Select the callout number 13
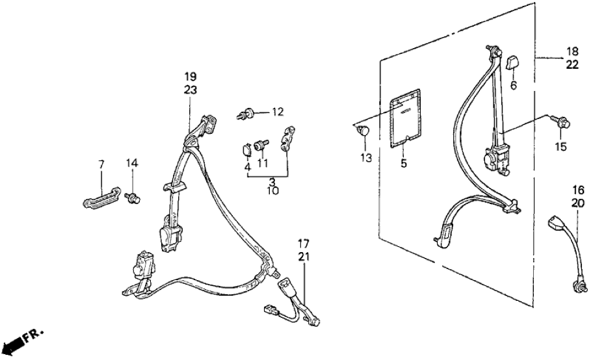[366, 158]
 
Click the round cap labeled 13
[363, 131]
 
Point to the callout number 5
[404, 164]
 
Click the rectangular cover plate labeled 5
[404, 117]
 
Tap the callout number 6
[513, 86]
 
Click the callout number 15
[561, 147]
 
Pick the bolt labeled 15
[561, 122]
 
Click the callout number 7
[101, 164]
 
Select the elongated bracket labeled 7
[101, 197]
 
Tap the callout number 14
[133, 164]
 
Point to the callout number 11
[263, 163]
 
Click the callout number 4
[247, 167]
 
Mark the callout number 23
[191, 90]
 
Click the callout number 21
[304, 257]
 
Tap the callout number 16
[578, 189]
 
